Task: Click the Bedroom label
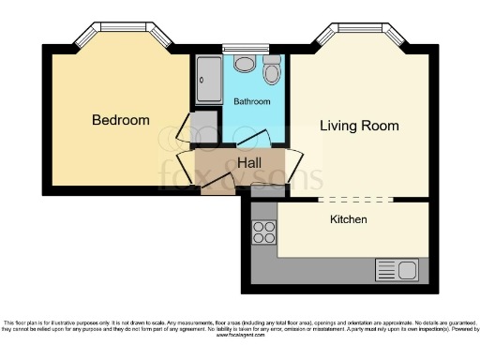[120, 120]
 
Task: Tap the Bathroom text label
[251, 101]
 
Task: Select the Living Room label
[359, 126]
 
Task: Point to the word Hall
[249, 163]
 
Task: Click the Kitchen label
[348, 219]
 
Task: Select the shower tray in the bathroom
[207, 81]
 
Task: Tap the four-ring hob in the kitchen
[263, 232]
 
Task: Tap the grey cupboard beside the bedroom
[202, 127]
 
